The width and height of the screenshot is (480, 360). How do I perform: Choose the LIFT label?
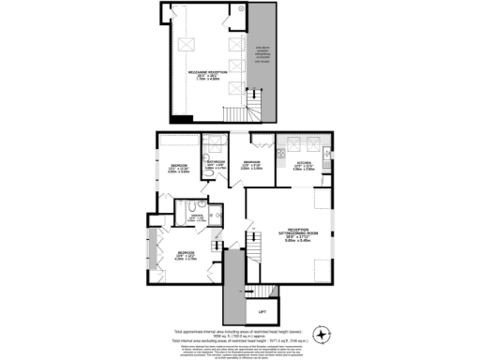pos(262,311)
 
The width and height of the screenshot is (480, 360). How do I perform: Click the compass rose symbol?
pos(323,335)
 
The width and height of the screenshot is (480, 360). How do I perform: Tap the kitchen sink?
pos(322,153)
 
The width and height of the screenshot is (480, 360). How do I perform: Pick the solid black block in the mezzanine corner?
pos(184,118)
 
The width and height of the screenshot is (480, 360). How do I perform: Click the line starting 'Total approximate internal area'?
pos(239,332)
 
